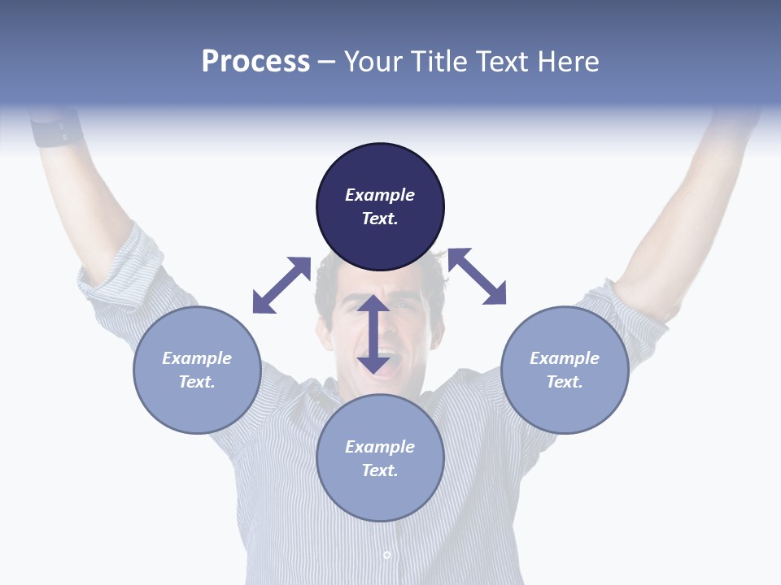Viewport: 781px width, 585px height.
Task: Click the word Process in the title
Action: pyautogui.click(x=255, y=62)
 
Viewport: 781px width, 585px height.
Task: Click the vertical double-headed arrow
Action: pyautogui.click(x=373, y=334)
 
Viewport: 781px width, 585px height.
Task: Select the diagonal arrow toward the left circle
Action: pyautogui.click(x=281, y=285)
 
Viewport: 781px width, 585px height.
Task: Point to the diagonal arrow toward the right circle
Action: pyautogui.click(x=477, y=276)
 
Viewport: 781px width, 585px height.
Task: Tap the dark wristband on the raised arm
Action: pyautogui.click(x=57, y=130)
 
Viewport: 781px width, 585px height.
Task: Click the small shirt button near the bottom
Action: pyautogui.click(x=386, y=555)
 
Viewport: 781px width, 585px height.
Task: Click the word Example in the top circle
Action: pyautogui.click(x=380, y=195)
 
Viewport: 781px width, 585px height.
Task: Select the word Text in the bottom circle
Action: pyautogui.click(x=378, y=470)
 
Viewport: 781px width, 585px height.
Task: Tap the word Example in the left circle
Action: pyautogui.click(x=197, y=358)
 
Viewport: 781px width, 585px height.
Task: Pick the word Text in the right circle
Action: pyautogui.click(x=563, y=382)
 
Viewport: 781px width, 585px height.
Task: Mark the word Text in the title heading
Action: pyautogui.click(x=502, y=62)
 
